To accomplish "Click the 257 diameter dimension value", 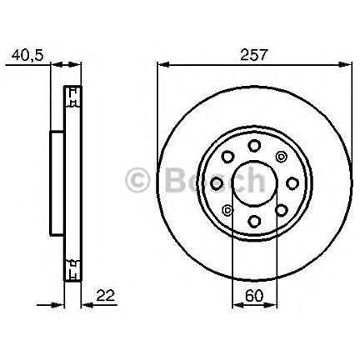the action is click(253, 55).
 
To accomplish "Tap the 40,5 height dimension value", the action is click(27, 55).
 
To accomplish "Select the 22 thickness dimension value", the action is click(105, 296).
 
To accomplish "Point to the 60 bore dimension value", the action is click(254, 296).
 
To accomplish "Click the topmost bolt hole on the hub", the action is click(254, 146).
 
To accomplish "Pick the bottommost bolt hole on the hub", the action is click(254, 221).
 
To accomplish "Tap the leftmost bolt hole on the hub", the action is click(217, 183).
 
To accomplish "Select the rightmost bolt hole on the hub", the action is click(292, 183).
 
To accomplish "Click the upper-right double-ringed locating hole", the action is click(281, 157).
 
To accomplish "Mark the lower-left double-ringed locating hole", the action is click(227, 210).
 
